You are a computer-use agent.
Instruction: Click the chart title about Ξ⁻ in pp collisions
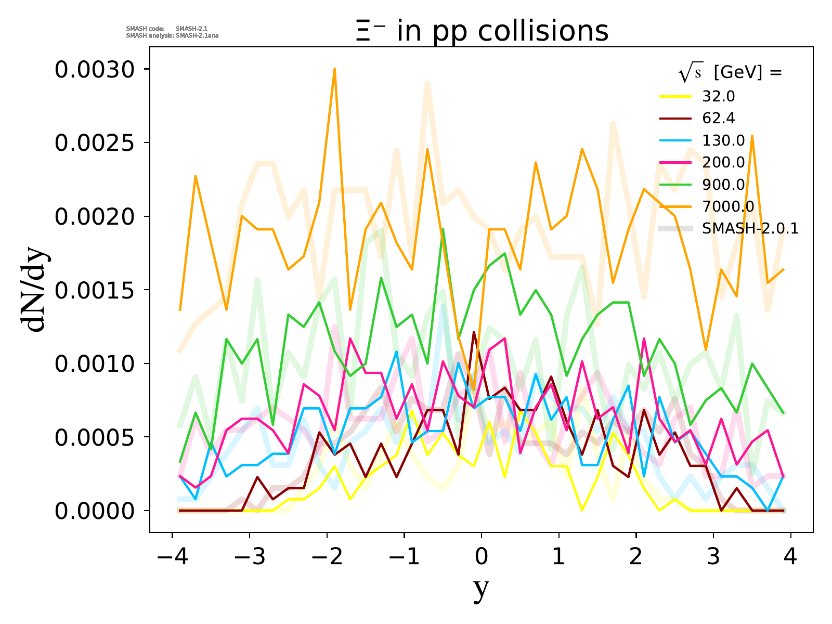pyautogui.click(x=482, y=31)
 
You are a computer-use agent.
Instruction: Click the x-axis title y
pyautogui.click(x=482, y=589)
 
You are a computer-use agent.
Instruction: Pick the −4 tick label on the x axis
pyautogui.click(x=172, y=557)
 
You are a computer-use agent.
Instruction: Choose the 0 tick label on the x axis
pyautogui.click(x=482, y=557)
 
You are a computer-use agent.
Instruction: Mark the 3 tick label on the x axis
pyautogui.click(x=713, y=557)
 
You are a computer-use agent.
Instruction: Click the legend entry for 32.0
pyautogui.click(x=718, y=97)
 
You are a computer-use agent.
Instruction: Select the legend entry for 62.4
pyautogui.click(x=718, y=119)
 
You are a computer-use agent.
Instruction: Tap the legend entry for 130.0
pyautogui.click(x=723, y=140)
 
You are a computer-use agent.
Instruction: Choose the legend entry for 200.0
pyautogui.click(x=723, y=163)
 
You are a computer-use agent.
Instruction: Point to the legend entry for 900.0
pyautogui.click(x=723, y=185)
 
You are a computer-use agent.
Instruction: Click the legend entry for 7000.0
pyautogui.click(x=728, y=206)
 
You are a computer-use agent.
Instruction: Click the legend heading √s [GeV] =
pyautogui.click(x=730, y=73)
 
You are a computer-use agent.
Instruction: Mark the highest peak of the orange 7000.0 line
pyautogui.click(x=334, y=69)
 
